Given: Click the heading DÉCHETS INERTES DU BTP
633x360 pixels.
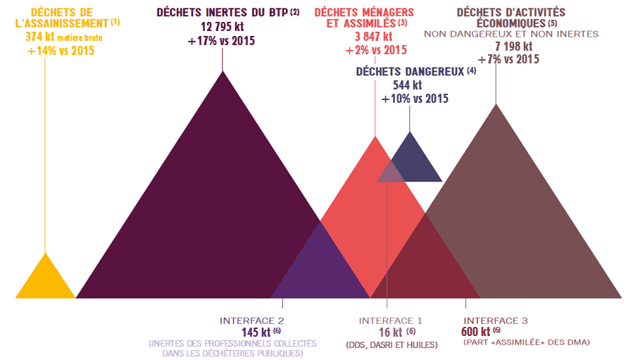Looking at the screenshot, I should (218, 13).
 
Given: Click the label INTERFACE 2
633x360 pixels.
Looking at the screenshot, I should (251, 320).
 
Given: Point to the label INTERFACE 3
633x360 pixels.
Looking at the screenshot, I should (496, 321).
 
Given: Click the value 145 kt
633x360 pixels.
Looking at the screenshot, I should (257, 332).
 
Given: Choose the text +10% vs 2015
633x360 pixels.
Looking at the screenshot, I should (415, 99).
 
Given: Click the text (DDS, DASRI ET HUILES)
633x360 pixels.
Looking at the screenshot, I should (392, 345).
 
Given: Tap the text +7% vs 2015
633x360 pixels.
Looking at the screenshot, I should (508, 59).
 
